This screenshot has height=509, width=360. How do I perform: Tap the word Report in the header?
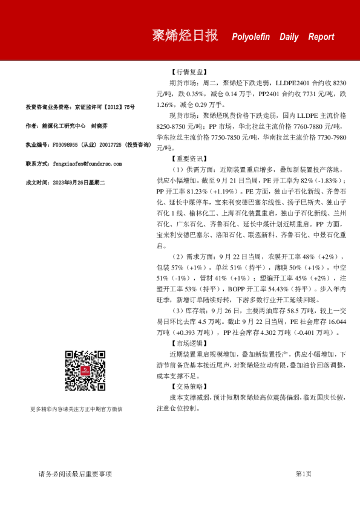321,37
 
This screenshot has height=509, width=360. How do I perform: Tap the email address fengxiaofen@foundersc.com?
88,163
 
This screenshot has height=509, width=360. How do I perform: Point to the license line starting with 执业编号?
87,145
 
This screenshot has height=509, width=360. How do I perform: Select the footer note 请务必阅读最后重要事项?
75,474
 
